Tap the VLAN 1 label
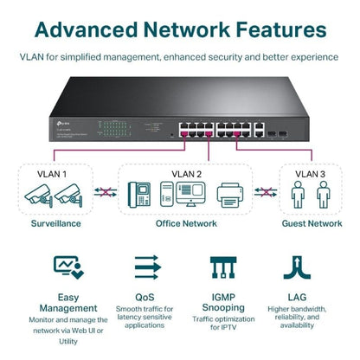click(x=52, y=173)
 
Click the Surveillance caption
click(x=51, y=223)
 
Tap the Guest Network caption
click(x=312, y=223)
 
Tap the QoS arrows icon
click(x=144, y=266)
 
